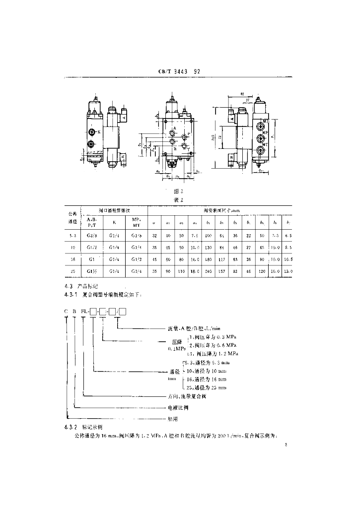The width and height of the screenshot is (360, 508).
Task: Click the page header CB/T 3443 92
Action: click(x=179, y=71)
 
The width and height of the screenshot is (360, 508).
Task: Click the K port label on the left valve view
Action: click(x=99, y=131)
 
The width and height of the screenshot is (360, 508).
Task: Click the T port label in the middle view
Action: click(x=188, y=148)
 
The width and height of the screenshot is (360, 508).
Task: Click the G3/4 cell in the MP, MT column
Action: click(x=136, y=271)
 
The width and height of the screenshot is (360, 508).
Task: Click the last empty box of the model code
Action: click(x=123, y=311)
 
